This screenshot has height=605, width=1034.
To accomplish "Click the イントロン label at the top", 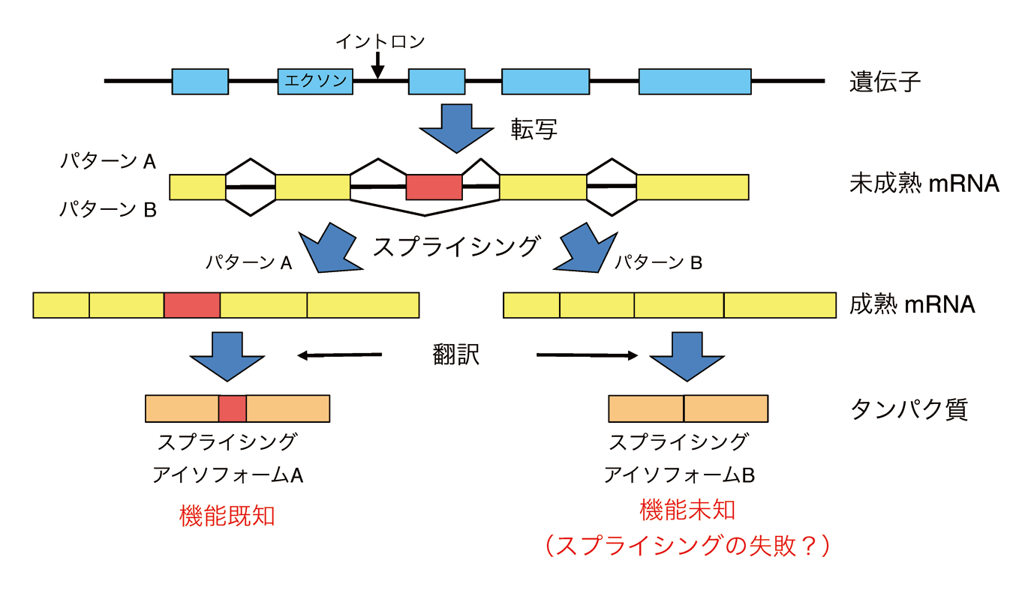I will tap(380, 41).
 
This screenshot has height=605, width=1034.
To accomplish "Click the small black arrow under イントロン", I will tap(378, 66).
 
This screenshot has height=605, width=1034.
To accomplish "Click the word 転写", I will tap(534, 130).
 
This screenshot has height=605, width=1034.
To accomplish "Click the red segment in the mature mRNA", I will tap(192, 305).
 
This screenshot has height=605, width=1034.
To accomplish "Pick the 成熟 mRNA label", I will tap(912, 305).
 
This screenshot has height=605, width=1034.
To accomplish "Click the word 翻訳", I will tap(456, 355).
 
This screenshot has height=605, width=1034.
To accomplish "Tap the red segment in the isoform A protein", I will tap(233, 408).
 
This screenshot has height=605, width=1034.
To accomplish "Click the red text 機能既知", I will tap(227, 516).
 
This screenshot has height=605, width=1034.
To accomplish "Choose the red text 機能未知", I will tap(687, 511).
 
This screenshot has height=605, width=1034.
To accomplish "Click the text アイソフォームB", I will tap(678, 475).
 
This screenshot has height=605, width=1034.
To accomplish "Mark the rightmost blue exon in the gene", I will tap(694, 81).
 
